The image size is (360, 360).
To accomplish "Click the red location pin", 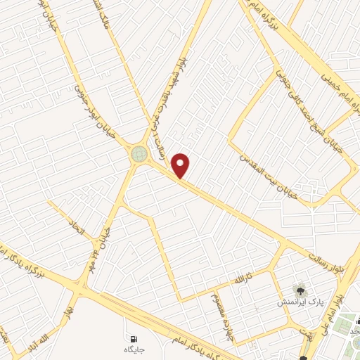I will pos(181,166).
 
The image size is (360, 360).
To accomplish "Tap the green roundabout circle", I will pos(139,153).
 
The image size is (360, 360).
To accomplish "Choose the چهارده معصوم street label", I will pos(222,314).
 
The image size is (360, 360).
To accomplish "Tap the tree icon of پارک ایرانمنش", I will pos(300,289).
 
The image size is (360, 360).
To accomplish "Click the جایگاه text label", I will pos(134,349).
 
